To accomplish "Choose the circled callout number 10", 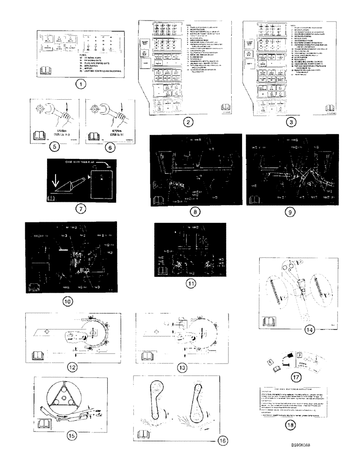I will point(68,301).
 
